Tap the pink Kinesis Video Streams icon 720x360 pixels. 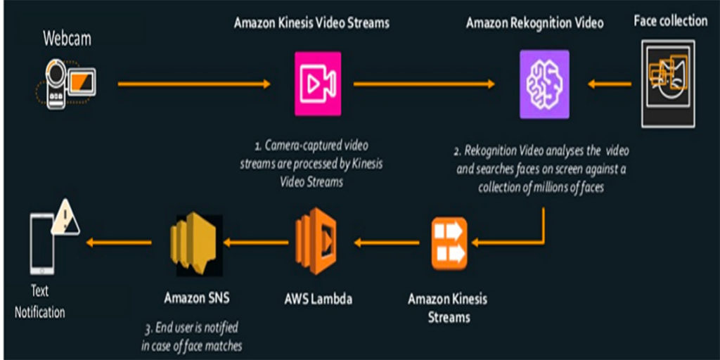(x=318, y=84)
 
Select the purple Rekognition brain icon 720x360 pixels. (x=544, y=84)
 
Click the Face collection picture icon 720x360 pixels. (x=668, y=84)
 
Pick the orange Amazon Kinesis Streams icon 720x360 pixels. (x=449, y=243)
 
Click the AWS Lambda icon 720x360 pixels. (x=316, y=242)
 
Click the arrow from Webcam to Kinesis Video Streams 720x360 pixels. (x=194, y=84)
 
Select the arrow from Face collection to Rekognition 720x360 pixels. (x=610, y=84)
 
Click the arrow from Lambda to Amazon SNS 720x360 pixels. (x=256, y=243)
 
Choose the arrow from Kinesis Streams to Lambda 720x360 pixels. (x=387, y=243)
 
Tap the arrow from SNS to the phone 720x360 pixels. (x=119, y=243)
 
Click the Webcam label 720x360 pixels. (x=67, y=39)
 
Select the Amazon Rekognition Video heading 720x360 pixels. (x=535, y=23)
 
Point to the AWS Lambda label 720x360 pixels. (x=319, y=300)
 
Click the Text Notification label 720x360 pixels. (x=40, y=302)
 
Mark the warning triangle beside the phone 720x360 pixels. (x=65, y=218)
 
